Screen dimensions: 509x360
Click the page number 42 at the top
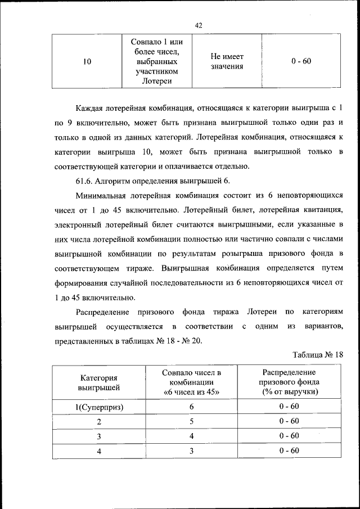[198, 25]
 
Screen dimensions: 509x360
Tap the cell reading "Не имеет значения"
[227, 61]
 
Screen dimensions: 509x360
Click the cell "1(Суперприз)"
[98, 407]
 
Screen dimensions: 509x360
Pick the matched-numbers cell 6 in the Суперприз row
[191, 407]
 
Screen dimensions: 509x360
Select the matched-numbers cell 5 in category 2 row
[191, 421]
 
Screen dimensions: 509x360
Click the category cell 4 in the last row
[98, 451]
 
